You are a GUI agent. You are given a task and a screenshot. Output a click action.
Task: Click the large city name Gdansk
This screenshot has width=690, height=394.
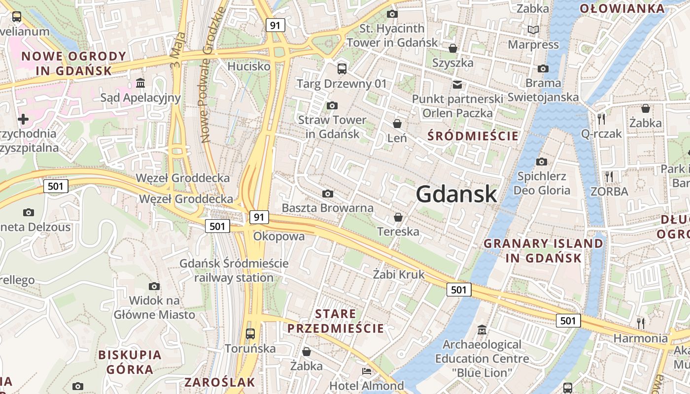pos(456,195)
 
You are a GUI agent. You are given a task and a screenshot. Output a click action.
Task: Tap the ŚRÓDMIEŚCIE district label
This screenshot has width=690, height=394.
pos(473,136)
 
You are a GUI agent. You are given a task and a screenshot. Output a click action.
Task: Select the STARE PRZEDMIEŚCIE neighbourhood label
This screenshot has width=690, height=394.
pos(336,321)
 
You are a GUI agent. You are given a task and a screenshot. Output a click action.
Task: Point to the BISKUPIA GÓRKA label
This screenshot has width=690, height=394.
pos(130,362)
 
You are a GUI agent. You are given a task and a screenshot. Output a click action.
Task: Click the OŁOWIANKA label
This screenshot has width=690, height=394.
pos(622,8)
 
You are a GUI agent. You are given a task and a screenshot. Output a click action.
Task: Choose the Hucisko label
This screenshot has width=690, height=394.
pos(249,66)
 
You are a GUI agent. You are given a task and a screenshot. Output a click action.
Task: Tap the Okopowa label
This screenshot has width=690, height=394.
pos(279,236)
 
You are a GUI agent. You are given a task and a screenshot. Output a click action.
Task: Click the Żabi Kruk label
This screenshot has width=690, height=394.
pos(399,274)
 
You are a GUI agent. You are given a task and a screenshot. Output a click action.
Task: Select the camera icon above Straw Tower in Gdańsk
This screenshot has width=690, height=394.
pos(332,105)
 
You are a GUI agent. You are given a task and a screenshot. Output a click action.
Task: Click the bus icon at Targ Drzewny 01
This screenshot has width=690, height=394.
pos(342,68)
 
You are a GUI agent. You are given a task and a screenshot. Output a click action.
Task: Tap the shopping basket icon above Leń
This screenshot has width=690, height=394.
pos(397,123)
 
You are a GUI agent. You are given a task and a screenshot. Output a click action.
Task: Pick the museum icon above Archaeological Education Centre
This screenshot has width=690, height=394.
pos(482,329)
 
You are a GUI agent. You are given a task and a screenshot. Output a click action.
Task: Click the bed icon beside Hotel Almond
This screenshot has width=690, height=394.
pos(367,371)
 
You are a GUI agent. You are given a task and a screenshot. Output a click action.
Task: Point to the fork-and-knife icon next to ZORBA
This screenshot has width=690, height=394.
pos(609,176)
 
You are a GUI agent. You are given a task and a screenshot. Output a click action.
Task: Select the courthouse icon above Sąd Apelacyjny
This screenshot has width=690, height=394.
pos(140,83)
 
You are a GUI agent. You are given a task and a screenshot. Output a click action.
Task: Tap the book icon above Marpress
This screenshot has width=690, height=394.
pos(533,30)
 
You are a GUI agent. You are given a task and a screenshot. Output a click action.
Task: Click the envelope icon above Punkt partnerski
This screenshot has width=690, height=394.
pos(457,85)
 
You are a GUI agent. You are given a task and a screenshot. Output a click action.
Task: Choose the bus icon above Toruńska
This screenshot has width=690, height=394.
pos(250,333)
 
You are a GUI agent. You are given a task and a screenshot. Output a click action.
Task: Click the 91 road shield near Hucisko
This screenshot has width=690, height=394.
pos(275,25)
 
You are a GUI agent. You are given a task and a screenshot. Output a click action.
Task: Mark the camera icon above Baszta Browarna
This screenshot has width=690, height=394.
pos(327,194)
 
